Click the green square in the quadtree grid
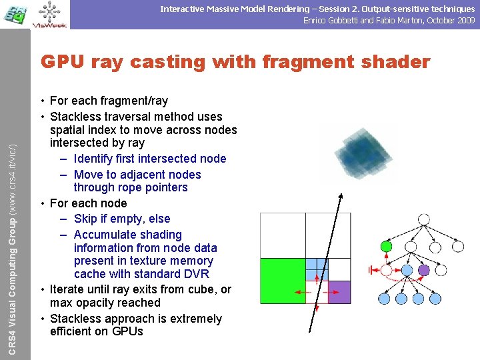click(x=283, y=281)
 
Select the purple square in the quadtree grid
click(x=339, y=291)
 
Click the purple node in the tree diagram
click(x=423, y=270)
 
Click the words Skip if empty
click(x=122, y=219)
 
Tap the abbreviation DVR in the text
click(x=196, y=274)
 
